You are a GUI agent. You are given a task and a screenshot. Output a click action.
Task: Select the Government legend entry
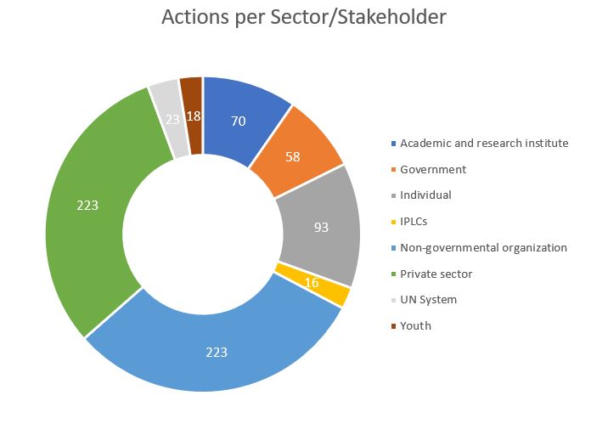pyautogui.click(x=433, y=169)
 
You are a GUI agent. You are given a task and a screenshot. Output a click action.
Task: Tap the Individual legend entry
pyautogui.click(x=425, y=195)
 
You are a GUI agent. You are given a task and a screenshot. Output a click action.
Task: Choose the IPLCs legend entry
pyautogui.click(x=415, y=221)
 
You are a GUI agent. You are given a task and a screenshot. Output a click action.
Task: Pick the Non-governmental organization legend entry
pyautogui.click(x=483, y=247)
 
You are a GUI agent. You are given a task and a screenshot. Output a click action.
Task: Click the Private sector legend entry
pyautogui.click(x=436, y=274)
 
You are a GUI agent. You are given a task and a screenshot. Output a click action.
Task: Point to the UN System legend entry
pyautogui.click(x=428, y=299)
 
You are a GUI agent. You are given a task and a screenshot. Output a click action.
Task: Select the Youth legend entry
pyautogui.click(x=415, y=325)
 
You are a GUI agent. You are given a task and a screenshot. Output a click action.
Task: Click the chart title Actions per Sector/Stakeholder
pyautogui.click(x=303, y=17)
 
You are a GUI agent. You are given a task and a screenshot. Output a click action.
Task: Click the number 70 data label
pyautogui.click(x=239, y=121)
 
